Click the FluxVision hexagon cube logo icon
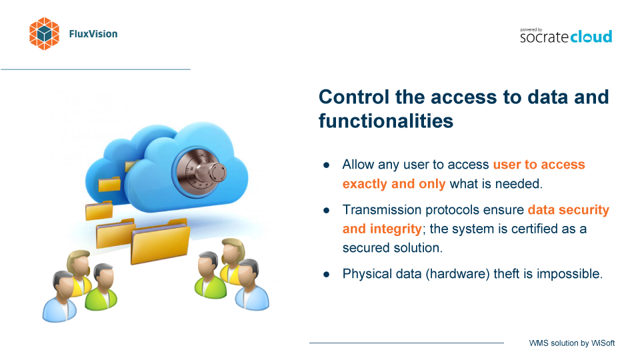pos(44,34)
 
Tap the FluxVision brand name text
pos(93,34)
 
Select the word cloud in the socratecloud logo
pos(591,37)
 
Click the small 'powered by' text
pos(531,30)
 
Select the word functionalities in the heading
pos(386,121)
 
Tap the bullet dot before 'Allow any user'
pos(326,165)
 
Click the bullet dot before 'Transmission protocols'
pos(326,211)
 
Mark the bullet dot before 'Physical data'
pos(326,275)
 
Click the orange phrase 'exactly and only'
pos(394,184)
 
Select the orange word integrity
pos(395,229)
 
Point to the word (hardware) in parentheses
pos(457,274)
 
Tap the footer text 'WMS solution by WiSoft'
pos(572,343)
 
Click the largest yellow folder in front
pos(161,243)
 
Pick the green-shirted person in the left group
pos(101,287)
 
